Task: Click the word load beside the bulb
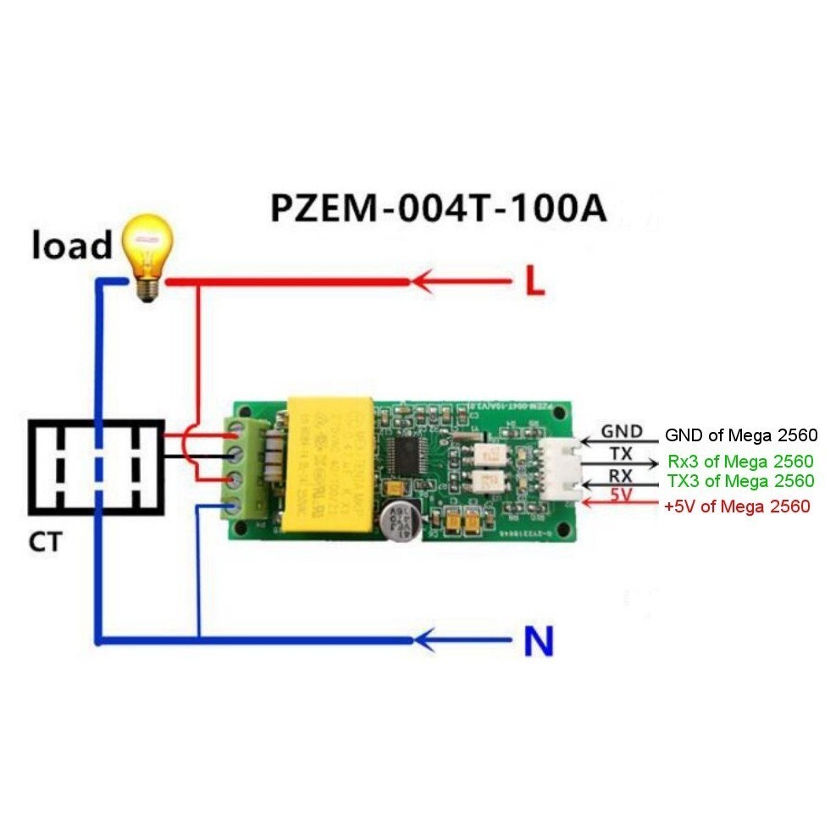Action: point(72,246)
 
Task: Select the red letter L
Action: point(534,282)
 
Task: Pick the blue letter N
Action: point(537,643)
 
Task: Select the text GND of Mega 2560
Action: point(740,436)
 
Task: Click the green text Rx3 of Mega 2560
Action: point(740,462)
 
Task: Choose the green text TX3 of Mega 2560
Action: point(740,481)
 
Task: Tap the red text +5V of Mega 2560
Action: point(736,507)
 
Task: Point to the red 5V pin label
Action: point(622,495)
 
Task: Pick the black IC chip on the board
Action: point(407,458)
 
